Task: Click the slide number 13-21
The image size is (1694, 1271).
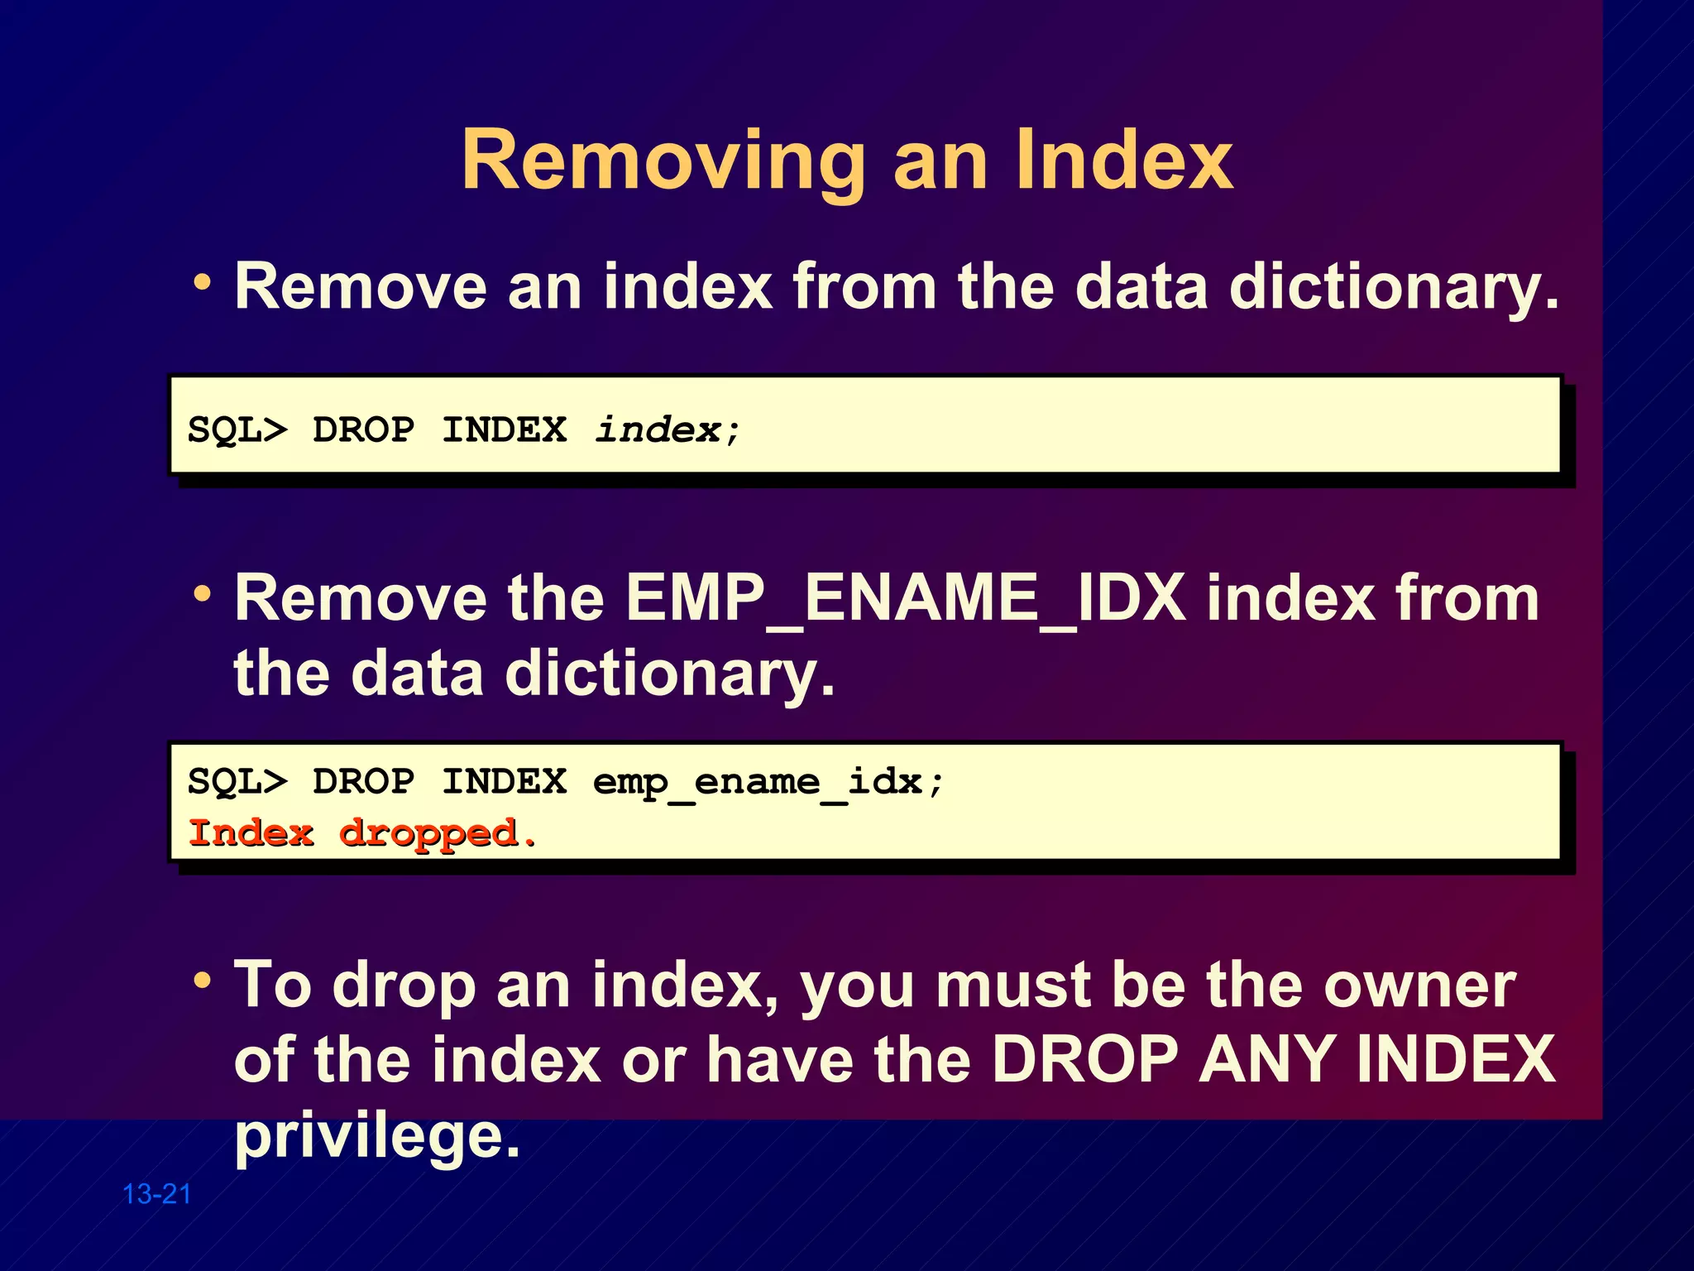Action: pos(156,1194)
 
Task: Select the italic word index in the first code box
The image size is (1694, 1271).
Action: pos(658,429)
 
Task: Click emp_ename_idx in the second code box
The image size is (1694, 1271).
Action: pos(758,782)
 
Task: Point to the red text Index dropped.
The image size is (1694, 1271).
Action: pos(362,833)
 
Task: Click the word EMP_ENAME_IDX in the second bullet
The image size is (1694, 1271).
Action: pos(906,597)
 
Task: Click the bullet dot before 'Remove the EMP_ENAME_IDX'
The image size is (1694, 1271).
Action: pos(203,593)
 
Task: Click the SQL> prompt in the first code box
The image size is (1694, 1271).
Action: pos(237,430)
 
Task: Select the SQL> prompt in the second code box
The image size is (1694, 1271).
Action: pos(237,782)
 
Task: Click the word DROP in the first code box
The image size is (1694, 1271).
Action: pos(364,430)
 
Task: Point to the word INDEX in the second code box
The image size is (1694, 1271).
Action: pos(505,782)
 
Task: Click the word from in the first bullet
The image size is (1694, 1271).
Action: pos(864,286)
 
